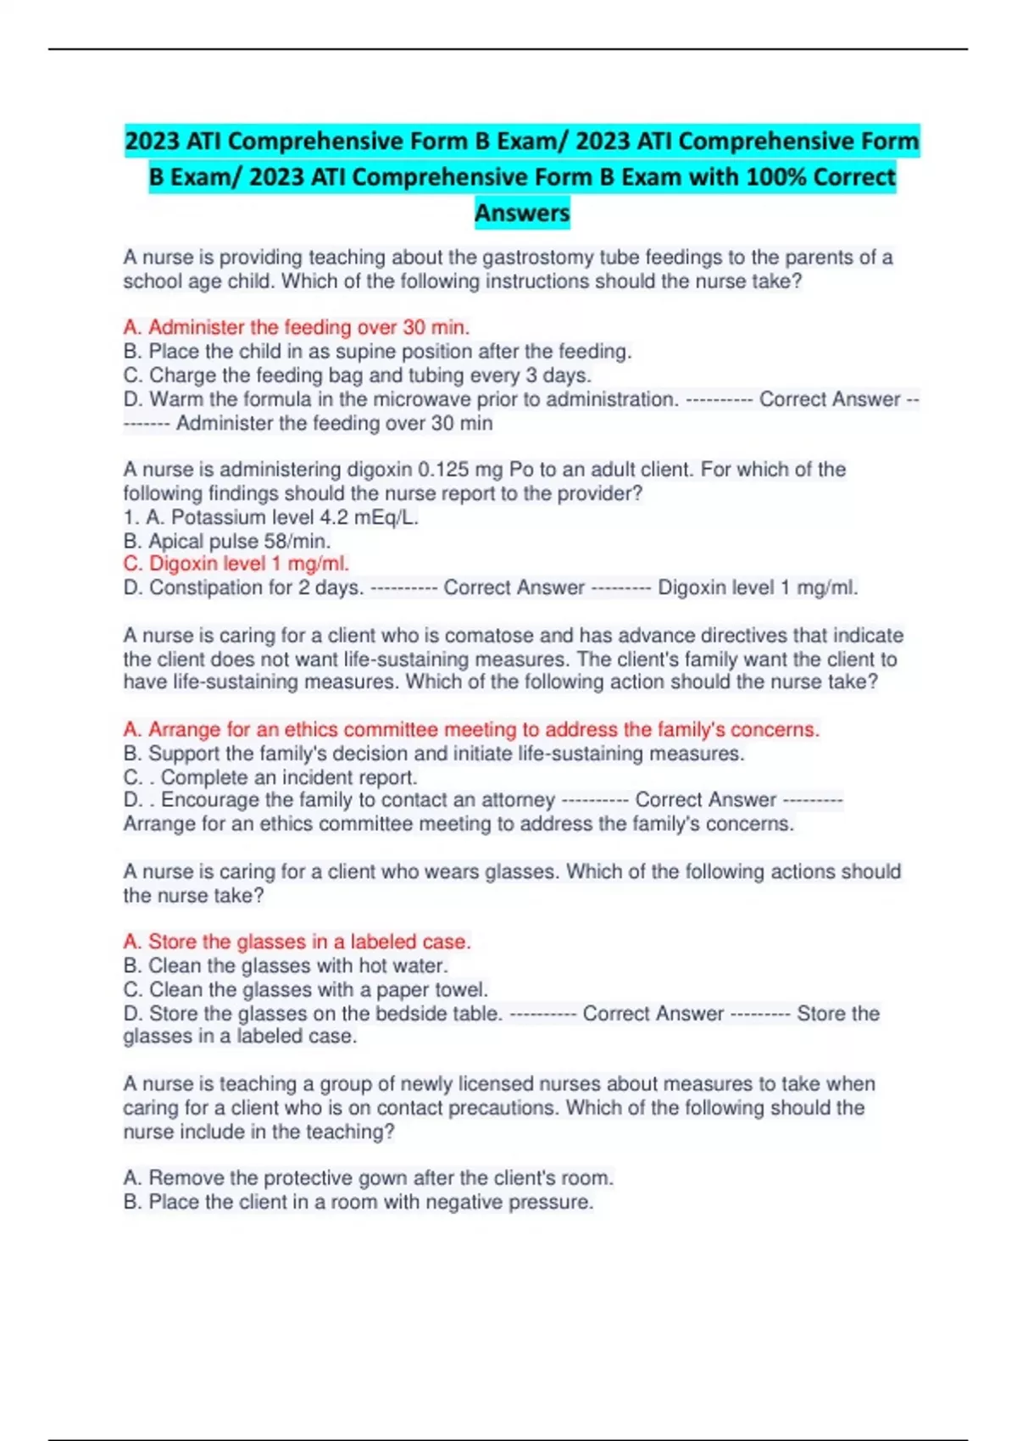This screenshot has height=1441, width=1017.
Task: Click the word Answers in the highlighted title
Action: click(522, 213)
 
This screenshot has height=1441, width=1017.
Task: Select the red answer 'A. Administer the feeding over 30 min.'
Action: click(297, 327)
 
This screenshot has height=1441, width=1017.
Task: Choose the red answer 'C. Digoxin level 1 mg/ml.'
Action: click(236, 564)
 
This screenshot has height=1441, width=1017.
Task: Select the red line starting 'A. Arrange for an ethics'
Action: click(471, 730)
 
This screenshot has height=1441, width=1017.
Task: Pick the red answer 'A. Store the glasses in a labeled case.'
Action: click(297, 942)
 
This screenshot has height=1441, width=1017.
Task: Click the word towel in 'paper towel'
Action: click(461, 989)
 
